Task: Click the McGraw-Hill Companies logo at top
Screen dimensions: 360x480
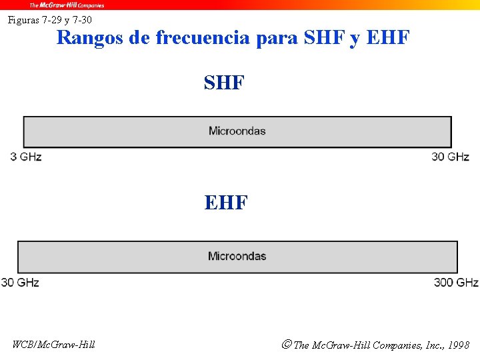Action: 66,5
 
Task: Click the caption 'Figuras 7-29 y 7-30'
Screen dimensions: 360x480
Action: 50,20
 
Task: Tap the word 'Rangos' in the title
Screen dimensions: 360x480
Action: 91,37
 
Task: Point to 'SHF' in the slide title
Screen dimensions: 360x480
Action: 325,37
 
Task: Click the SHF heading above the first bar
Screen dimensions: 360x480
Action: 225,83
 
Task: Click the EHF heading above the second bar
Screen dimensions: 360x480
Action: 226,202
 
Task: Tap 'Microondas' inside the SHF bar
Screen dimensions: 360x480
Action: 237,131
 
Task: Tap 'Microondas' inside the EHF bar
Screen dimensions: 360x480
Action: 237,256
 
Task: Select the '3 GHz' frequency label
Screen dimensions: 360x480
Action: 26,157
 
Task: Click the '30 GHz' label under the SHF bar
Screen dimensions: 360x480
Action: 450,157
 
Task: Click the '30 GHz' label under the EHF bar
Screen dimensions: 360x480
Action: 20,283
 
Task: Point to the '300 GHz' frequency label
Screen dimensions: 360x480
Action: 456,283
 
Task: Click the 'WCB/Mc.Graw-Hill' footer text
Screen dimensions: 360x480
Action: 54,345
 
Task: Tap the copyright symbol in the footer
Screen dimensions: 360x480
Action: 286,345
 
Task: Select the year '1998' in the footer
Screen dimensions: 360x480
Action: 459,345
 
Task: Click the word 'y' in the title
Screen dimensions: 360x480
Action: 354,39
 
